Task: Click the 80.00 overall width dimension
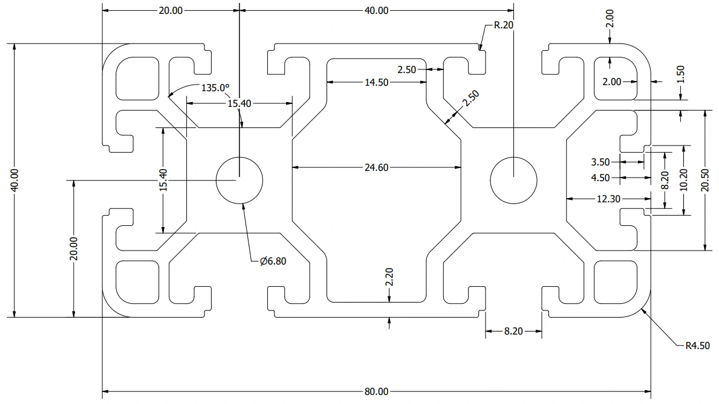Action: tap(376, 392)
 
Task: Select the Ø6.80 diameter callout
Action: tap(273, 261)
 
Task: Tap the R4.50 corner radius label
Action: tap(697, 346)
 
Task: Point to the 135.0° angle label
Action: tap(215, 88)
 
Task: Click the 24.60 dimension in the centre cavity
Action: tap(376, 168)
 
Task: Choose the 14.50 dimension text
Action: tap(376, 83)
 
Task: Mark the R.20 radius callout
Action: tap(504, 25)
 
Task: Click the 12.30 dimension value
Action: tap(608, 199)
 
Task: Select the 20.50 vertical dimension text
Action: tap(705, 180)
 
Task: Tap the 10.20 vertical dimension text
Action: tap(684, 180)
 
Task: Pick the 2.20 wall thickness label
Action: tap(389, 277)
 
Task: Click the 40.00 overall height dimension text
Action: tap(15, 180)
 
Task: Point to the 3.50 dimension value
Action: tap(600, 162)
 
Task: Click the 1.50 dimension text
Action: tap(680, 75)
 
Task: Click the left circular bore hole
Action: tap(239, 180)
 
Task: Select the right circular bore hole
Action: tap(513, 180)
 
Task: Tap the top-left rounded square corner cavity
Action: tap(137, 79)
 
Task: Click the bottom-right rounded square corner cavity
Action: tap(616, 282)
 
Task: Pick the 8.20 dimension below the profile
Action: tap(513, 331)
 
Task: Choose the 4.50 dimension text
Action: tap(600, 178)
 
